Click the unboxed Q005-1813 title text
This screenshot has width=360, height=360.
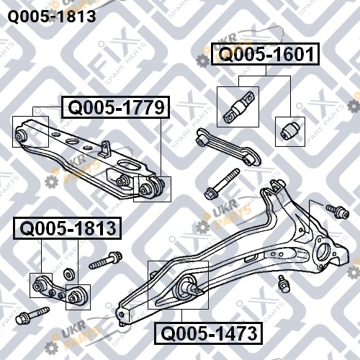point(52,17)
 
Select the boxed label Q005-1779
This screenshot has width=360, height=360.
point(116,107)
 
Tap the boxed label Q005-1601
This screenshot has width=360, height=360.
point(266,54)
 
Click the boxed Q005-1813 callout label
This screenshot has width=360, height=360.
point(68,228)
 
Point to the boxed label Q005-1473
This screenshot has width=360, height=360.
point(208,333)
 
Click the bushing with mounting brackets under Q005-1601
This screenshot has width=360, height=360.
point(238,107)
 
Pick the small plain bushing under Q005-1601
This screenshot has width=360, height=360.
point(289,130)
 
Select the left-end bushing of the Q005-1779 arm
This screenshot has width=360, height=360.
point(20,135)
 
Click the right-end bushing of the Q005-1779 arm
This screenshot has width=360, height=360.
point(150,188)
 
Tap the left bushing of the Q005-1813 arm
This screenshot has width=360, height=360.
point(39,285)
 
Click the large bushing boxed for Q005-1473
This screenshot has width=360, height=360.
point(185,287)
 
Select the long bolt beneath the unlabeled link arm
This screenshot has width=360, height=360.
point(222,184)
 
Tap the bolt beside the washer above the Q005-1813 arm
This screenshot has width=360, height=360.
point(106,261)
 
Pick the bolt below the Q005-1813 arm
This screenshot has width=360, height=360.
point(32,315)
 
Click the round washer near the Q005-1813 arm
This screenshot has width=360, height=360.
point(68,274)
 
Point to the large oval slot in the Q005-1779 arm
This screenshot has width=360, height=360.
point(129,166)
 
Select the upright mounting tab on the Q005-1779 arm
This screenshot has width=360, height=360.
point(104,149)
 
